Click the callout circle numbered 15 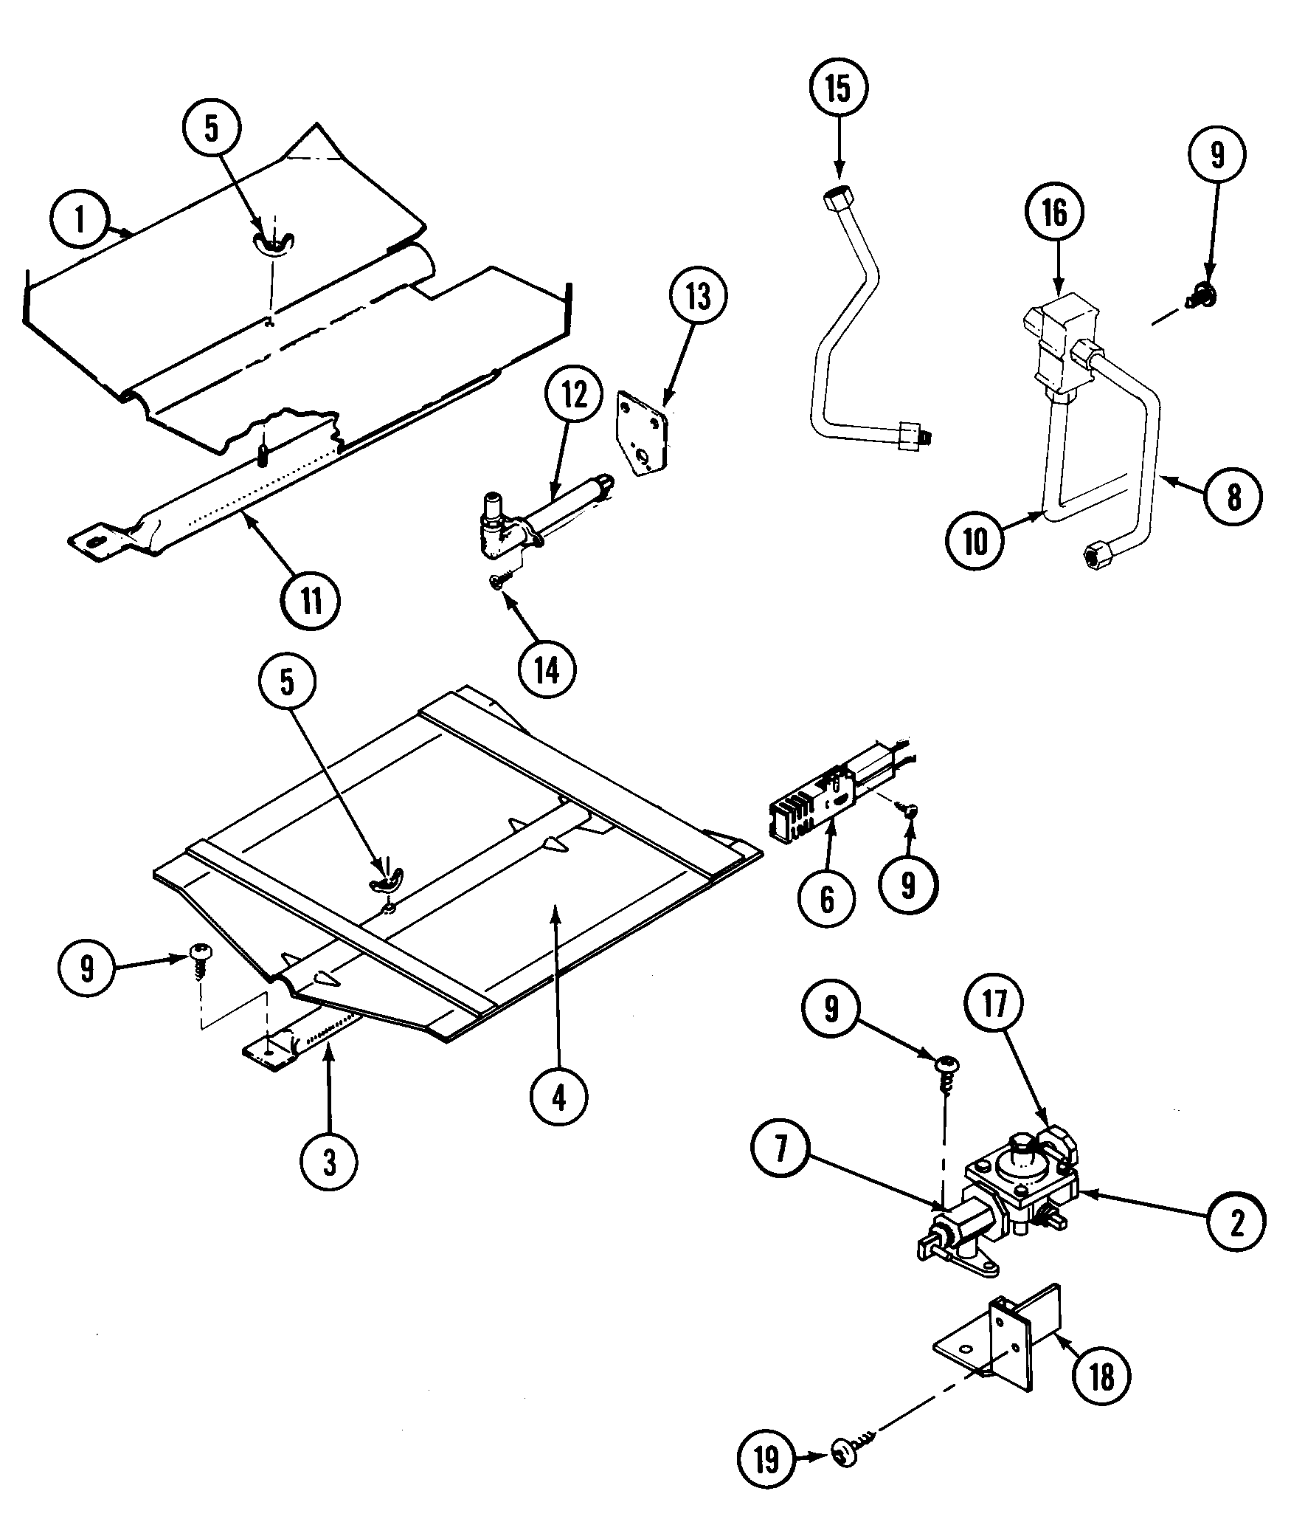tap(838, 88)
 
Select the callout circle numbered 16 tap(1055, 213)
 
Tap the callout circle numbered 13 tap(698, 297)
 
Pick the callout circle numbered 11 tap(311, 599)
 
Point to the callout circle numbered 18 tap(1101, 1377)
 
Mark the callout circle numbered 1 tap(79, 220)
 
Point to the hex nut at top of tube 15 tap(839, 199)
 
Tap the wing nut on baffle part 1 tap(273, 241)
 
